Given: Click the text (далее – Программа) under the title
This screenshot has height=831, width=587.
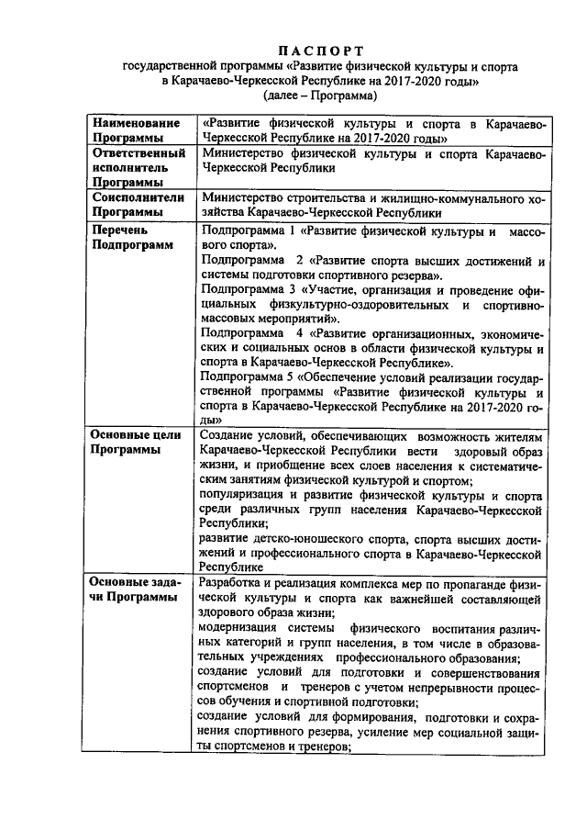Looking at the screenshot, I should coord(320,95).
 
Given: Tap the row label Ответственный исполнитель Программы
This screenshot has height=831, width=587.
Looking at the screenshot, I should coord(138,168).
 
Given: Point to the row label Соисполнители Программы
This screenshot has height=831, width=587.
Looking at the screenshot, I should coord(138,204).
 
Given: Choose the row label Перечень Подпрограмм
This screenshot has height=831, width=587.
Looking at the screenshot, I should coord(130,238).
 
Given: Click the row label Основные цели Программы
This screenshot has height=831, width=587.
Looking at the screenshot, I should coord(138,443).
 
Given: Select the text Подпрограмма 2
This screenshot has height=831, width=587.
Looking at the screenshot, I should coord(249,261).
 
